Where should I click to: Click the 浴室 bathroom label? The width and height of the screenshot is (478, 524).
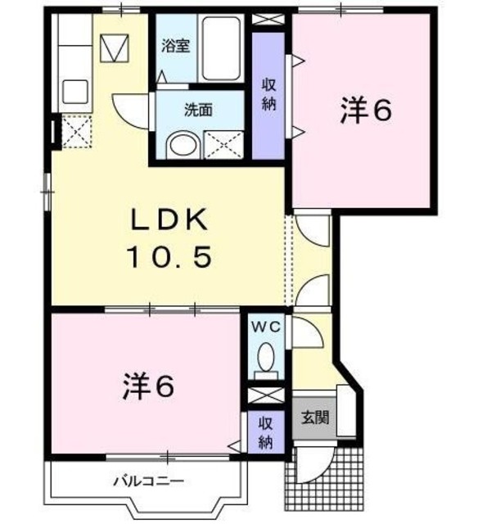pos(175,46)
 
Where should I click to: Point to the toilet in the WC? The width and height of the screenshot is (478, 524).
pos(265,358)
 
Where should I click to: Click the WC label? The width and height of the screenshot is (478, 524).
pos(265,327)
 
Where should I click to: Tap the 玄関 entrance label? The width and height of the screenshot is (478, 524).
pos(313,418)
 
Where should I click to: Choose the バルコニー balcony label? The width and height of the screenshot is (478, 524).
pos(147,481)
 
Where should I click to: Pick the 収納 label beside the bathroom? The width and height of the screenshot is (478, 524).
pos(268,93)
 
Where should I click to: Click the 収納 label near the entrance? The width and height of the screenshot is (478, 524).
pos(265,431)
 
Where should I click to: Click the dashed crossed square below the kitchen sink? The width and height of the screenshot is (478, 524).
pos(77,130)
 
